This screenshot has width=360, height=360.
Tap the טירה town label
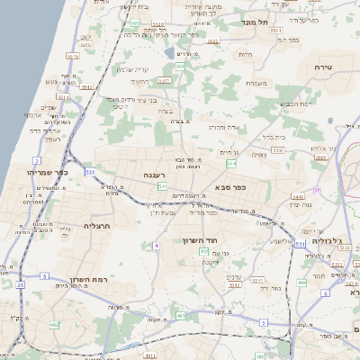pyautogui.click(x=323, y=67)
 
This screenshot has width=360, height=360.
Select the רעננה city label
pyautogui.click(x=152, y=175)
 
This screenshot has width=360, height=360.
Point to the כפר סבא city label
pyautogui.click(x=229, y=187)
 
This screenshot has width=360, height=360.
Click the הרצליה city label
pyautogui.click(x=95, y=226)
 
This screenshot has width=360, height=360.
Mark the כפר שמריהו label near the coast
pyautogui.click(x=46, y=171)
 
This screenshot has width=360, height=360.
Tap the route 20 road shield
pyautogui.click(x=20, y=284)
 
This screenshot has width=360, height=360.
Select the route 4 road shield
pyautogui.click(x=157, y=245)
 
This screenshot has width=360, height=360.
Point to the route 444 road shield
pyautogui.click(x=301, y=282)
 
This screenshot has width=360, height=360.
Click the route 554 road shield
pyautogui.click(x=231, y=164)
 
